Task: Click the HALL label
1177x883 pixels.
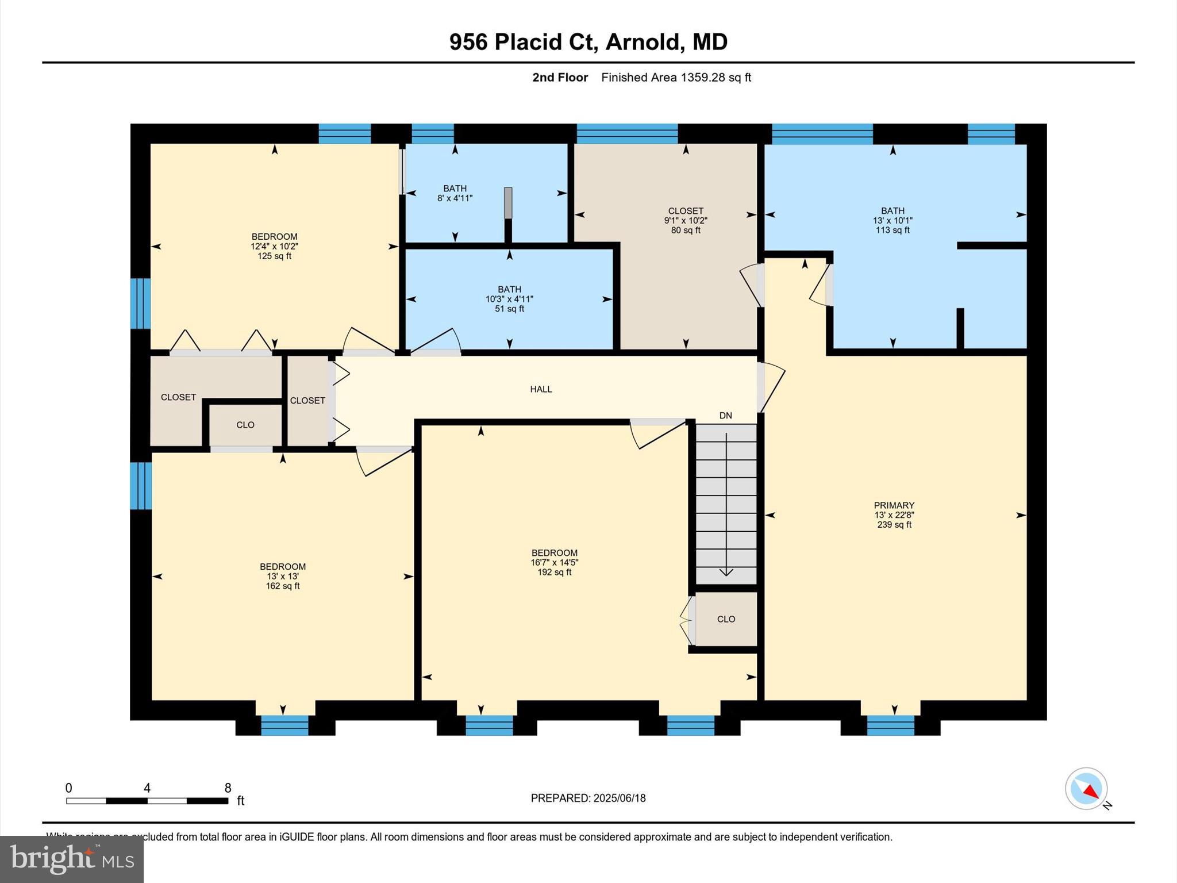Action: click(x=541, y=389)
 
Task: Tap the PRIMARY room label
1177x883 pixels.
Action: click(x=894, y=505)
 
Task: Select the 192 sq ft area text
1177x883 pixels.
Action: click(x=554, y=573)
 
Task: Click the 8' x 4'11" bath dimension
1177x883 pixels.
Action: click(x=455, y=198)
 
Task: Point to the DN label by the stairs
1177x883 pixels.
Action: click(x=725, y=416)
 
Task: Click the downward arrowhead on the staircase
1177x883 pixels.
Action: click(x=726, y=571)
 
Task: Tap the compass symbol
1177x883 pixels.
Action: click(x=1086, y=789)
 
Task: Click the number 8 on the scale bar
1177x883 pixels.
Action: click(x=228, y=788)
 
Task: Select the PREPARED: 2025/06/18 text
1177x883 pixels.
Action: click(x=588, y=798)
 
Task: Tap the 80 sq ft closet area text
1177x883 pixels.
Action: click(x=686, y=231)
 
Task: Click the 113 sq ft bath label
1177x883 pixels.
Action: click(x=893, y=231)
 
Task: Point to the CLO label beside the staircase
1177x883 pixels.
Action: click(x=726, y=619)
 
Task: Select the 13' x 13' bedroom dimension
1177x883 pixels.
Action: click(x=282, y=577)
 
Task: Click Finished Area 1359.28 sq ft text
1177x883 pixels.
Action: click(x=676, y=78)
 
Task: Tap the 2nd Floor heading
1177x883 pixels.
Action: click(x=560, y=78)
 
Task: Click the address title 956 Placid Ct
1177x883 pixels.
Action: click(x=588, y=42)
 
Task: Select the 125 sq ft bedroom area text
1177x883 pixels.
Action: click(x=274, y=256)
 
